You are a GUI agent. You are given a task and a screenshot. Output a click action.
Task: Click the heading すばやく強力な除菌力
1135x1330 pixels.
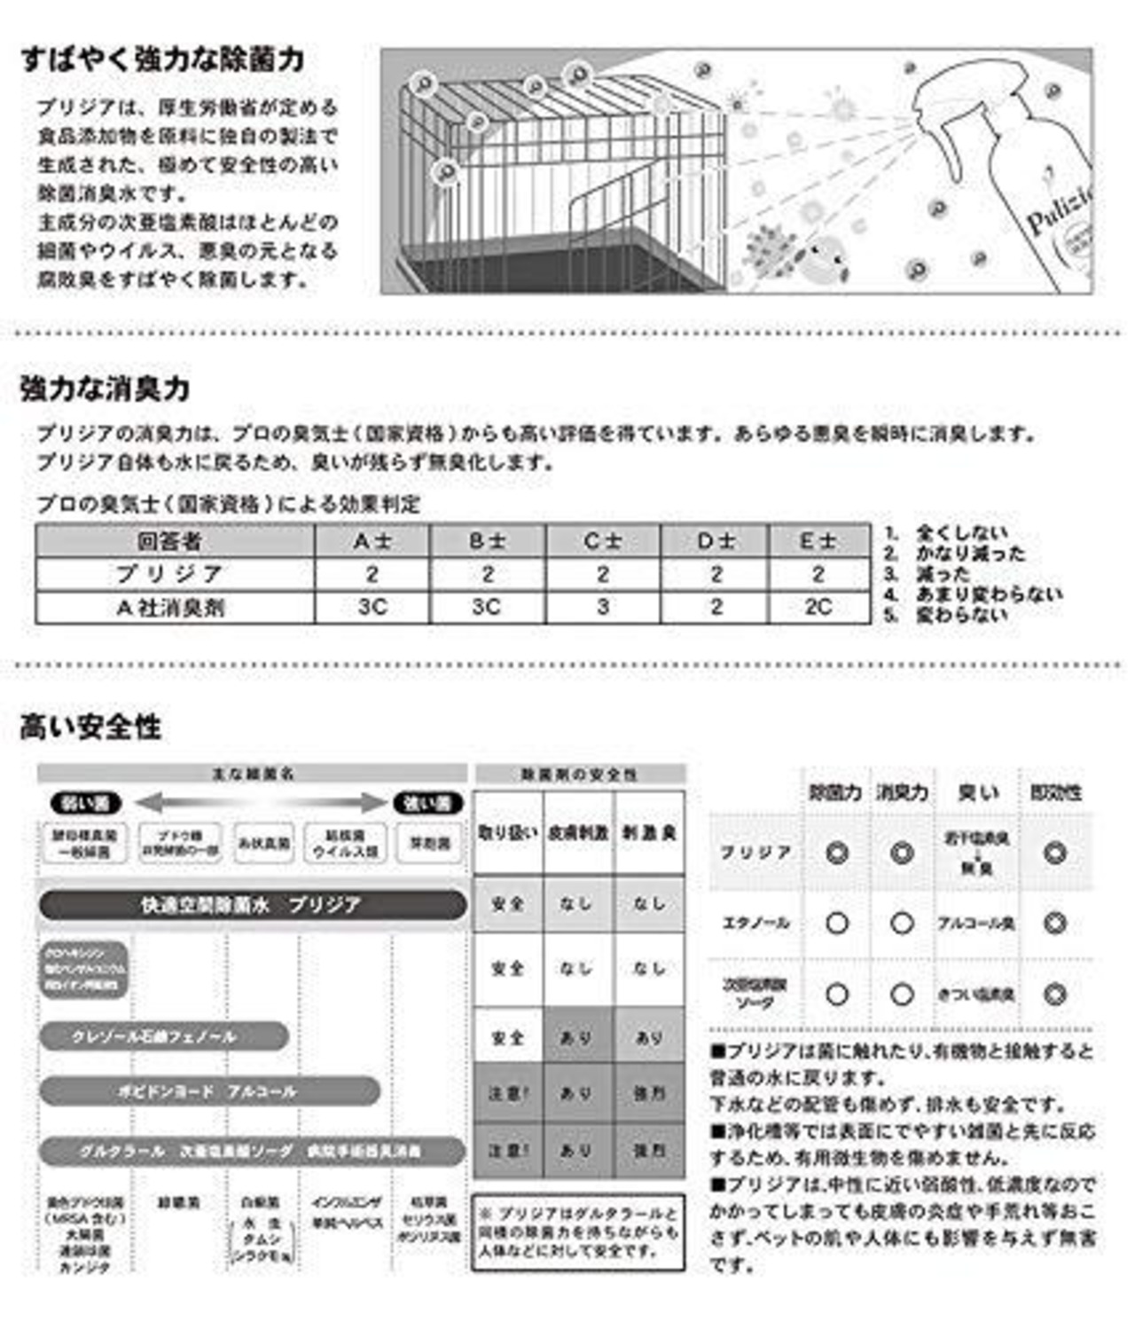click(x=162, y=59)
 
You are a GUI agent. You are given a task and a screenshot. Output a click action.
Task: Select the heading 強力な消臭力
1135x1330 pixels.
click(x=105, y=389)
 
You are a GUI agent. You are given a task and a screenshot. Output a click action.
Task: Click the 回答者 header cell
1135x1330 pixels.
click(x=175, y=540)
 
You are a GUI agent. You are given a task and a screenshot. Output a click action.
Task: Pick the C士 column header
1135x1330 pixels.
click(x=602, y=540)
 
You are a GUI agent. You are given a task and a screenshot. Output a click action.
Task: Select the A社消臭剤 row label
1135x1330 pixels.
click(x=175, y=608)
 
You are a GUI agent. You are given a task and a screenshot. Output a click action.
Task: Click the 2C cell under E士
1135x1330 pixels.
click(x=818, y=607)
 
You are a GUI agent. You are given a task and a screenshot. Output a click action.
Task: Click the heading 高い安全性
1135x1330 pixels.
click(x=90, y=728)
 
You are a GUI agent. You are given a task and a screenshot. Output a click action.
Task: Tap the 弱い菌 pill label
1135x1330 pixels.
click(x=86, y=804)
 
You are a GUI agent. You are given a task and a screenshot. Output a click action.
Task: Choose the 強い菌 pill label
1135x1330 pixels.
click(x=428, y=804)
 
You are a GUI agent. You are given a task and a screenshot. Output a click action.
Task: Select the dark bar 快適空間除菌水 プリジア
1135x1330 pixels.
click(x=252, y=905)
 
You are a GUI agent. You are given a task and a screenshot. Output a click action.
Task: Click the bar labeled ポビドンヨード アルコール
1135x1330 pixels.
click(x=209, y=1091)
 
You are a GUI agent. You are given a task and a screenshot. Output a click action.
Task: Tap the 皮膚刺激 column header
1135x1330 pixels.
click(x=578, y=833)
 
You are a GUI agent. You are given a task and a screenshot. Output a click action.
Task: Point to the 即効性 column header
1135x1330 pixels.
click(x=1055, y=792)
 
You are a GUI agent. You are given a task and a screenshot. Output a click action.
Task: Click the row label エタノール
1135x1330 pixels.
click(x=755, y=924)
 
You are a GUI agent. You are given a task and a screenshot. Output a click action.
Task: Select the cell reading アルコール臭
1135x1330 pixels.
click(x=976, y=924)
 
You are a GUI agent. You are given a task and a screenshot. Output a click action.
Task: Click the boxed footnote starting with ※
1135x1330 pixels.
click(x=578, y=1232)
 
